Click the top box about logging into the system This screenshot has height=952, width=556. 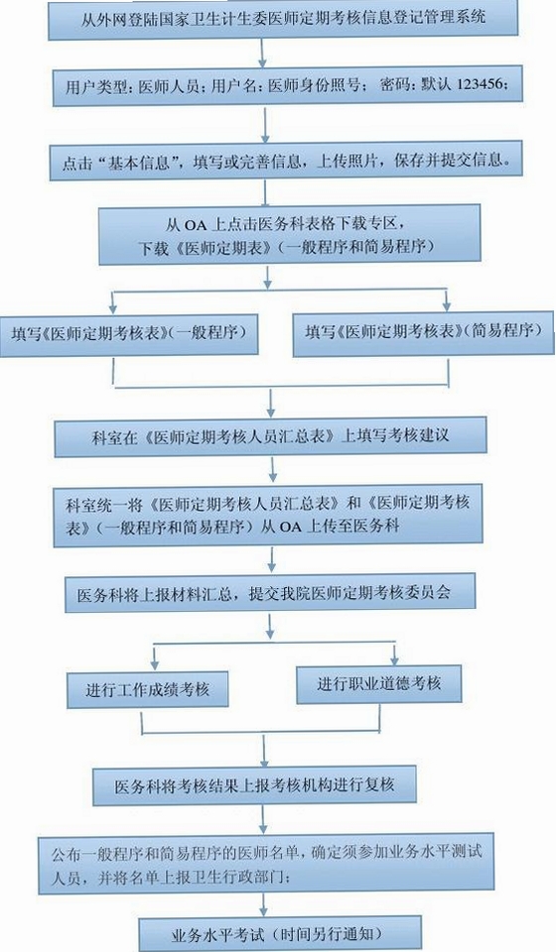[283, 19]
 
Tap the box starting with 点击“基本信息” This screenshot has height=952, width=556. [286, 162]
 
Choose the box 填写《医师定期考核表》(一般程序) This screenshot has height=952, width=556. [129, 334]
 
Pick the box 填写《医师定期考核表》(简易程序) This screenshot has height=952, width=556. [424, 333]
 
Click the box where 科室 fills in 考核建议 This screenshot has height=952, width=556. [270, 436]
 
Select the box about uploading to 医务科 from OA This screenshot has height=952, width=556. [268, 515]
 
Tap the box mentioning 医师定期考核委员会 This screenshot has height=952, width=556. [270, 592]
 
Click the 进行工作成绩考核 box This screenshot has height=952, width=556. [148, 689]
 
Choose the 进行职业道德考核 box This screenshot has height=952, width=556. [378, 684]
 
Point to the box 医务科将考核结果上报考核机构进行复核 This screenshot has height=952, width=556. [254, 785]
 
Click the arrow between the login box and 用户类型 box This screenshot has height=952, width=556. [262, 54]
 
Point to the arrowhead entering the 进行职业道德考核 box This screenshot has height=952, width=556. [394, 660]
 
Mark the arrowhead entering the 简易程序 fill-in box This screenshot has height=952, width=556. [447, 306]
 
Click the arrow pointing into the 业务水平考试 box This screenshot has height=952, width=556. [263, 905]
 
